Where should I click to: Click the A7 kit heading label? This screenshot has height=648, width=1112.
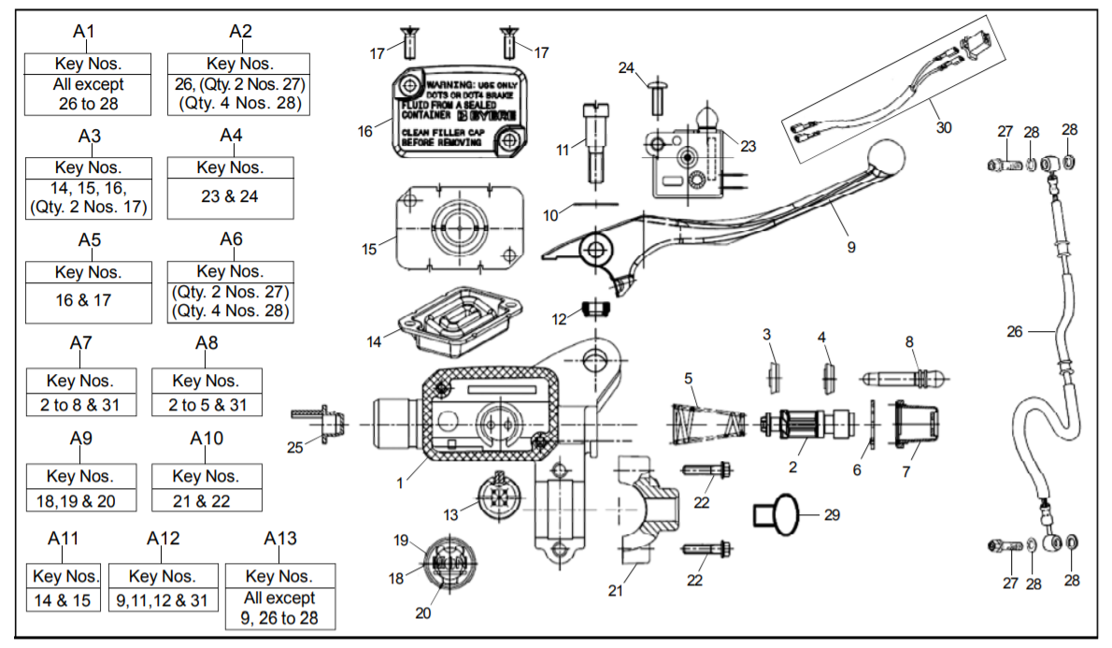(81, 343)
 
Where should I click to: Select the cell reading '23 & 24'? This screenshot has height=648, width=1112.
(230, 196)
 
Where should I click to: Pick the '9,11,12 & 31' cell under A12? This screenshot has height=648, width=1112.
(163, 600)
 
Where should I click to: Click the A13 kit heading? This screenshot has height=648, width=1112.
(280, 539)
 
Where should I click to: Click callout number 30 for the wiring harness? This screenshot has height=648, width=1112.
(943, 128)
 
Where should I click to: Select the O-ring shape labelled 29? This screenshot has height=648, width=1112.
(777, 514)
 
